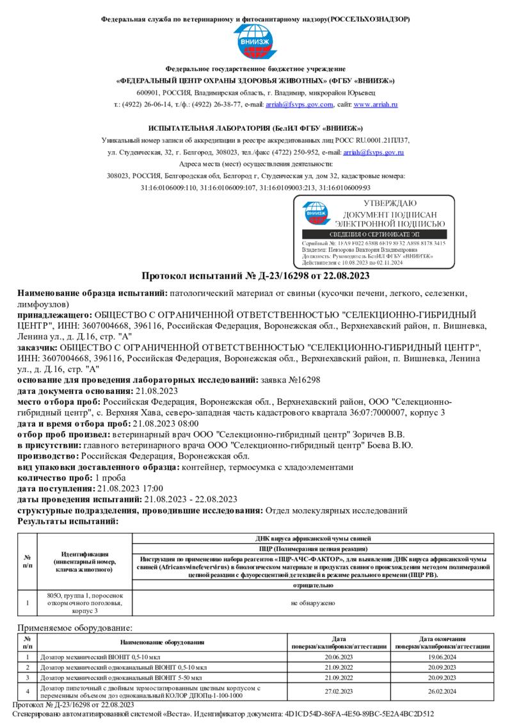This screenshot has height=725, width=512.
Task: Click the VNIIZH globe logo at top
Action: [x=255, y=42]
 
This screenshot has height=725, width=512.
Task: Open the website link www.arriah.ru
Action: [x=376, y=104]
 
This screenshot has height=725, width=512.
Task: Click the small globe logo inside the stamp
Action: [x=315, y=213]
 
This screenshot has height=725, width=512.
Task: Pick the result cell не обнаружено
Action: [x=312, y=603]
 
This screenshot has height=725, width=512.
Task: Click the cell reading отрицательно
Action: [x=312, y=585]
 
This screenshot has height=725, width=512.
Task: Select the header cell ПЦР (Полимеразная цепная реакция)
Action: [x=312, y=549]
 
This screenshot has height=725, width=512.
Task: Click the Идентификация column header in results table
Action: [x=84, y=561]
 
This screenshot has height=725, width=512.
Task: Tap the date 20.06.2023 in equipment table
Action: [x=339, y=657]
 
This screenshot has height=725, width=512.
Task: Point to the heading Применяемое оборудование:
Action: [x=74, y=628]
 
